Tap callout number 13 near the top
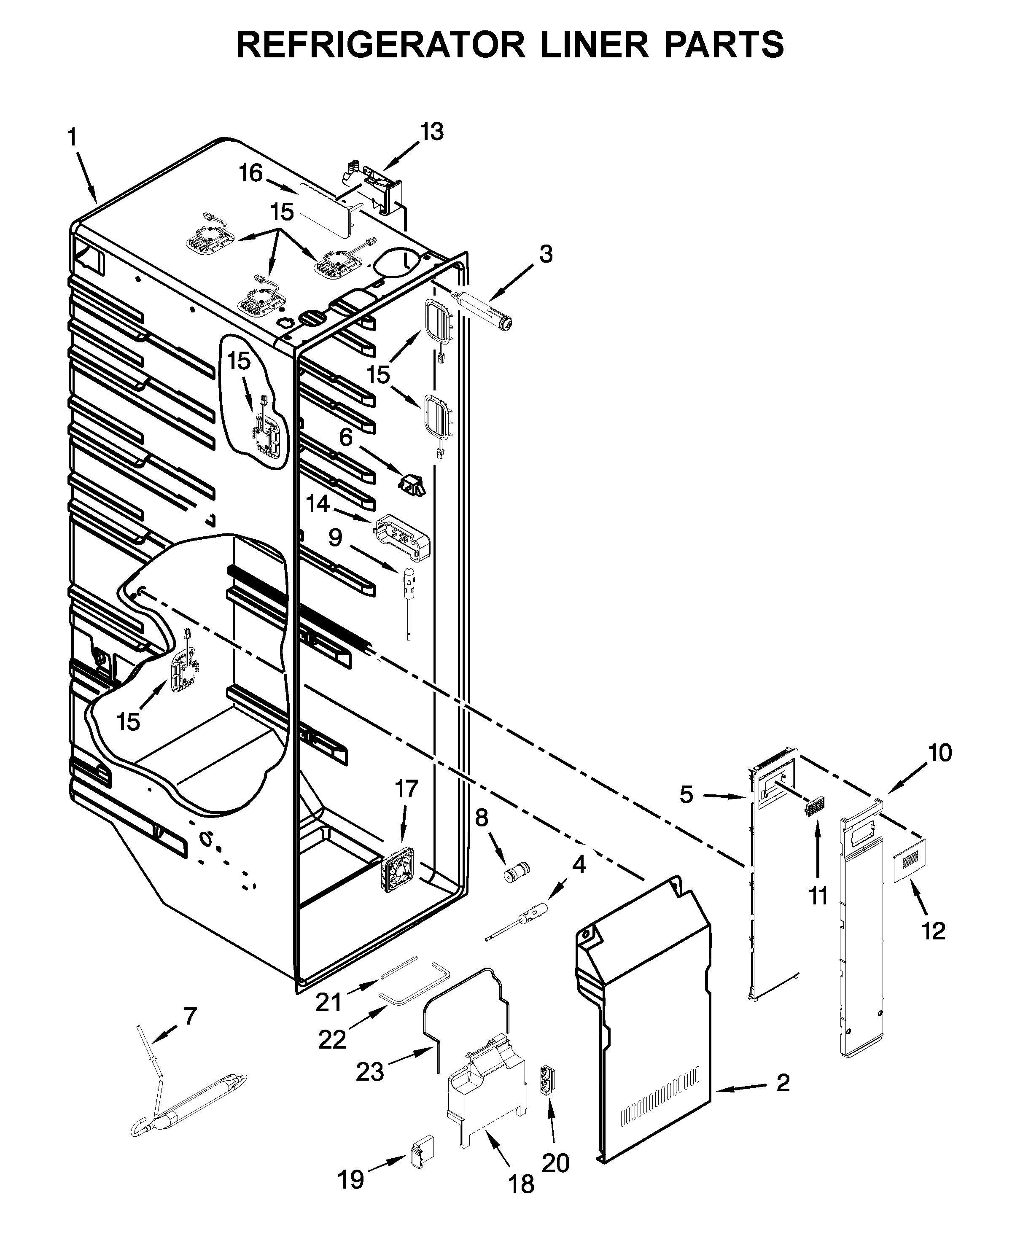click(431, 132)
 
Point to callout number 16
click(250, 174)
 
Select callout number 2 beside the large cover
click(783, 1083)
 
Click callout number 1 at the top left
click(72, 138)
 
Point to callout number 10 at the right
click(940, 753)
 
